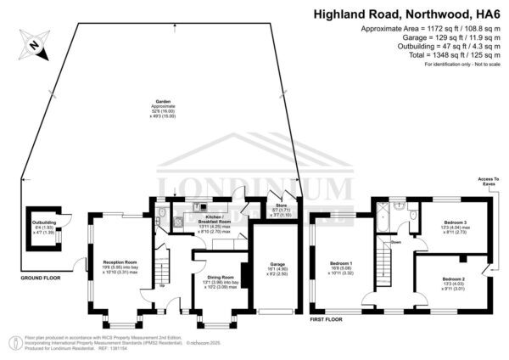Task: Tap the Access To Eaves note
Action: click(488, 181)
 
